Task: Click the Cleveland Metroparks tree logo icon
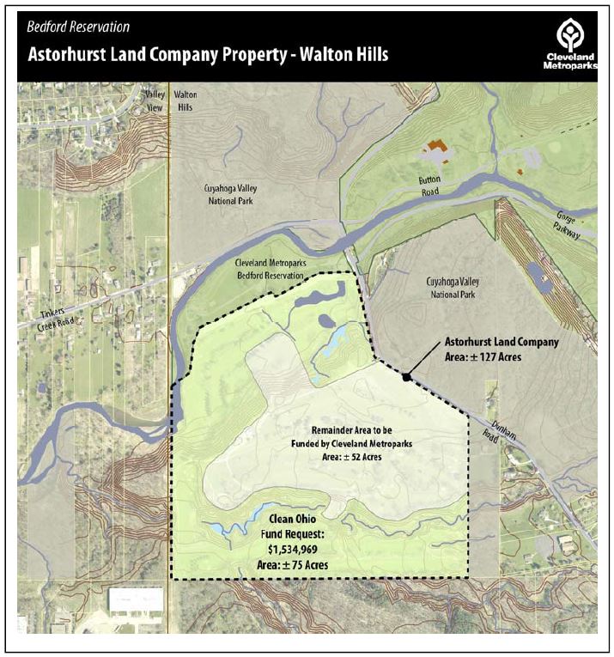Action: (569, 34)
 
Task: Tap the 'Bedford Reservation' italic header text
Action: (79, 27)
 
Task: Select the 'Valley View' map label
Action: (155, 100)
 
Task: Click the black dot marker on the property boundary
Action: (405, 375)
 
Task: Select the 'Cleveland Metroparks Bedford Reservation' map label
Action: (271, 270)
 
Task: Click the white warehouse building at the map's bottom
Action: (135, 600)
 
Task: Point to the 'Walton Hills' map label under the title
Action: (185, 100)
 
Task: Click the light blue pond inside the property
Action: (334, 334)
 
